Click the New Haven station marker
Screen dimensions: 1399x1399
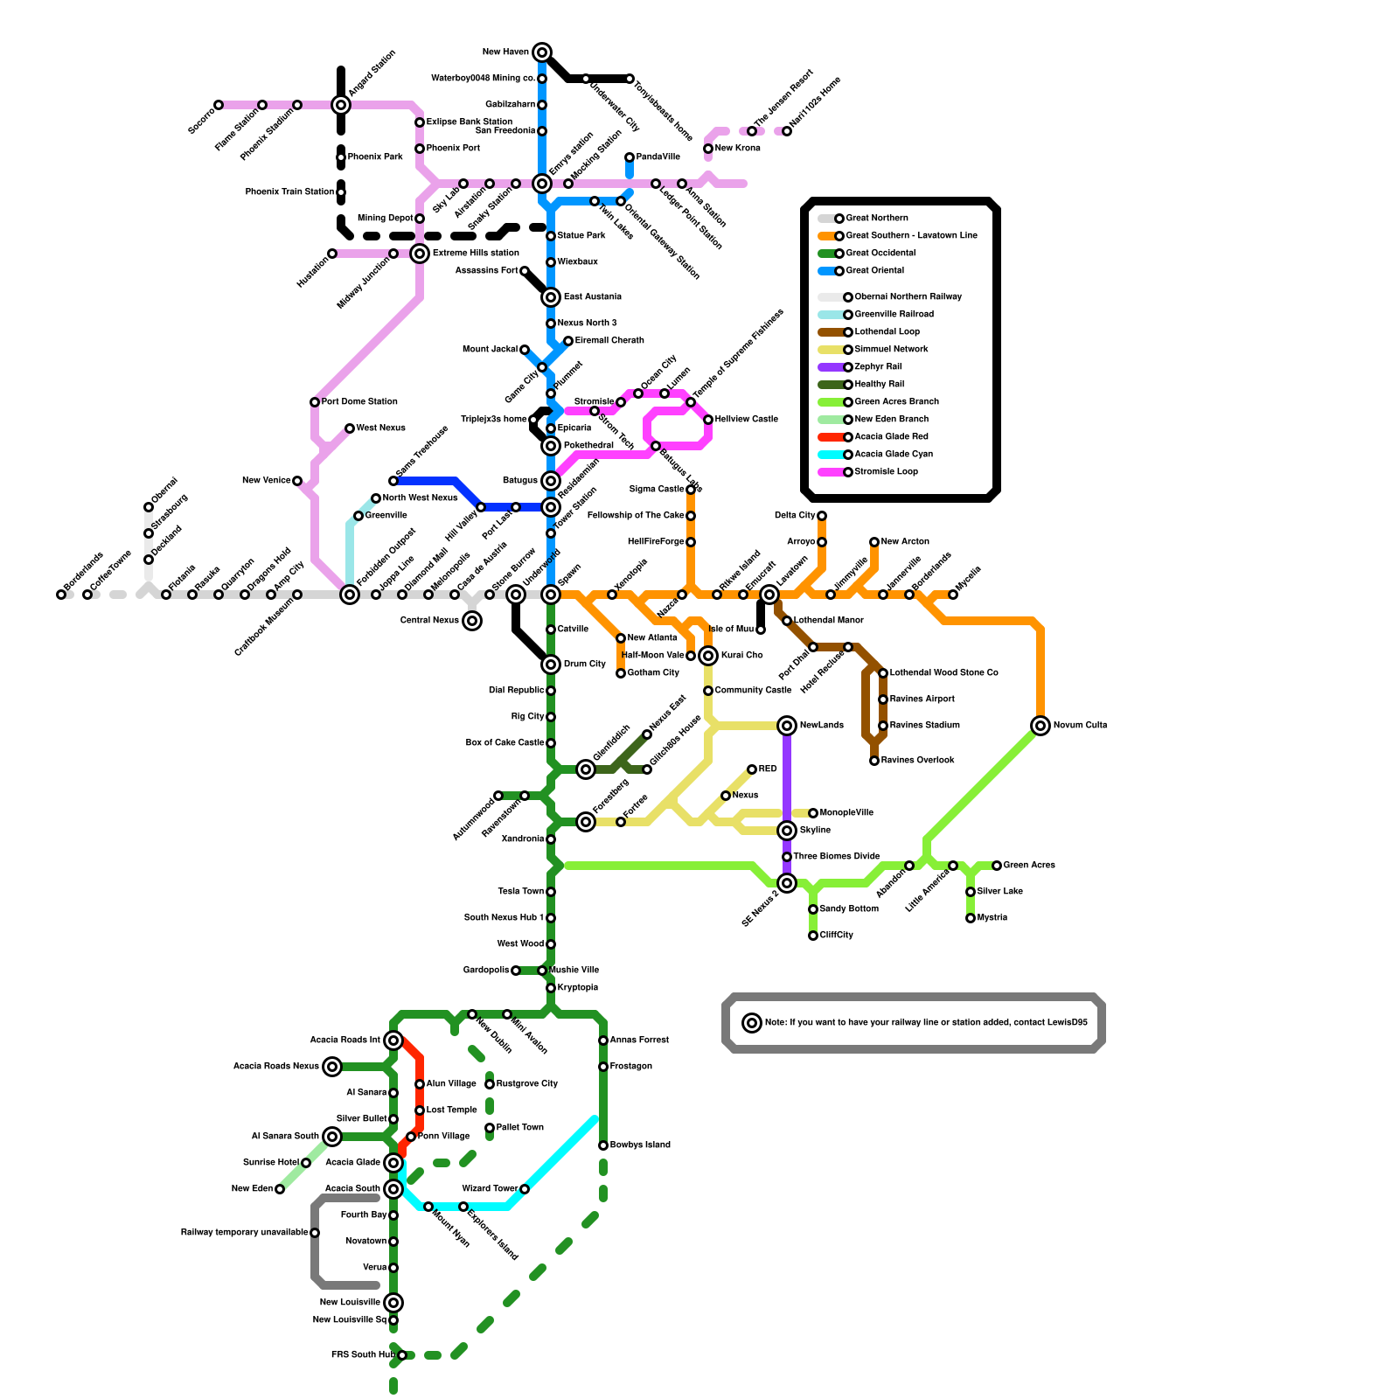542,52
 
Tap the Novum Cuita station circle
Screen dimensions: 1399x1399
1041,726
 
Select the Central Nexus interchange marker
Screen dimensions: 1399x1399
472,621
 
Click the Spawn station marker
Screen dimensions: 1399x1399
551,595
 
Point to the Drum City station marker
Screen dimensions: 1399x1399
551,665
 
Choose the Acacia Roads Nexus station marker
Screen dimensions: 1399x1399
332,1067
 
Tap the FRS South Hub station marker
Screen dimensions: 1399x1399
402,1355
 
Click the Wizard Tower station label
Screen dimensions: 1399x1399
490,1189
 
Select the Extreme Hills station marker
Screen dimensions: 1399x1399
421,254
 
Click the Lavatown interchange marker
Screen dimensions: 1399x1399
769,595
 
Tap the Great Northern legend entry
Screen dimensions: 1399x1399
876,219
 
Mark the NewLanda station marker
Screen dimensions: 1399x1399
787,726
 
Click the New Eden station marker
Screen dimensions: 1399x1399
280,1189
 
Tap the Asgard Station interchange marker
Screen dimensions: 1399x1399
341,105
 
